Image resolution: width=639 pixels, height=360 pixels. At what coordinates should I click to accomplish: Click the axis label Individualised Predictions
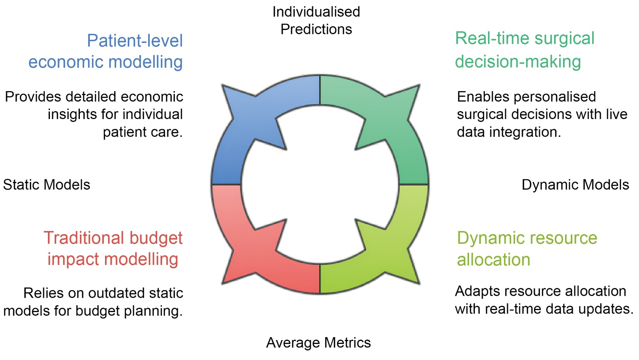(x=316, y=20)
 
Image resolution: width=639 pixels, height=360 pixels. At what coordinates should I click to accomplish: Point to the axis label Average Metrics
(x=318, y=343)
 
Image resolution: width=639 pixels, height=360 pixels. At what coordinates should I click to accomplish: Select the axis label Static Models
(x=47, y=185)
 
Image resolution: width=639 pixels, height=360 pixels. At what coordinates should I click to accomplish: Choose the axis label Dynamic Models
(x=575, y=185)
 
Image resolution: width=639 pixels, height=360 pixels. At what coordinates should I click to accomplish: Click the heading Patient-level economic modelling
(x=106, y=51)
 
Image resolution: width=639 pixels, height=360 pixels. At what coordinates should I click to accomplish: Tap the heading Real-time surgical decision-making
(x=524, y=50)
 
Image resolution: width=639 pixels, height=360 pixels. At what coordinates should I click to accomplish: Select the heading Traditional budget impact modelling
(x=113, y=248)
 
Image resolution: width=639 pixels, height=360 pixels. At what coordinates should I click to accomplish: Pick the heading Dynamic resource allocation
(x=527, y=249)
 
